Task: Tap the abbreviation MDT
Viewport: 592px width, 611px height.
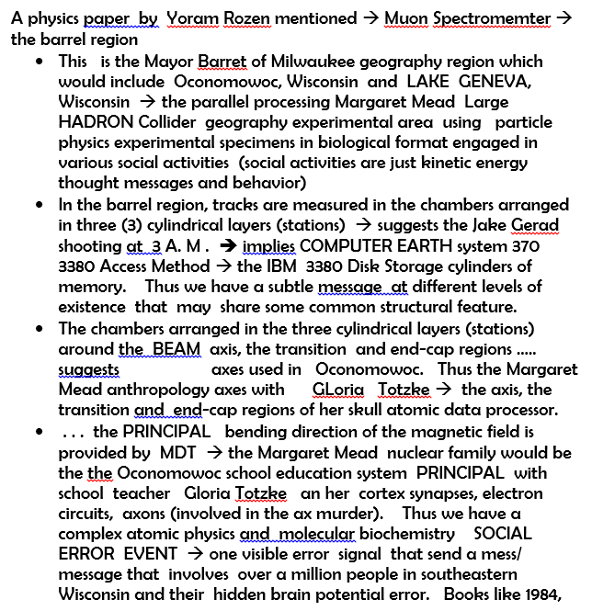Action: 177,452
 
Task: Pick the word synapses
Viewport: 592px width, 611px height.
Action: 426,492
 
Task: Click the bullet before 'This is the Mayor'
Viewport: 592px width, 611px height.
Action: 39,62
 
